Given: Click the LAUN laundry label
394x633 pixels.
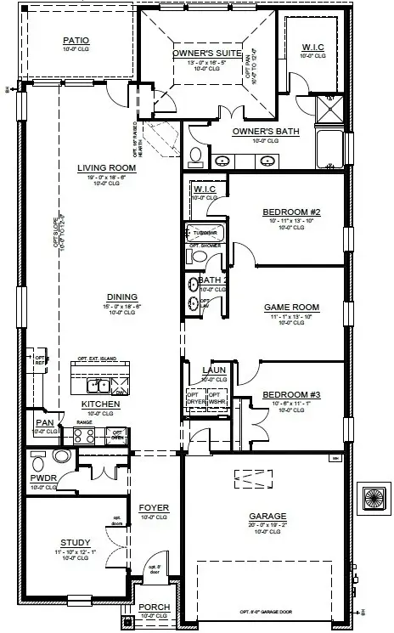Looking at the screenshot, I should pyautogui.click(x=213, y=370).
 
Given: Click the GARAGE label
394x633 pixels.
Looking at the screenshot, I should pyautogui.click(x=267, y=516).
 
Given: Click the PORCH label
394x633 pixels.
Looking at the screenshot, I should pyautogui.click(x=155, y=607).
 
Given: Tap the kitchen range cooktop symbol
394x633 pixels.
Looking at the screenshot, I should pyautogui.click(x=83, y=436).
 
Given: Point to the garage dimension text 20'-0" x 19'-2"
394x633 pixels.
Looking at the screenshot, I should pyautogui.click(x=267, y=525).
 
